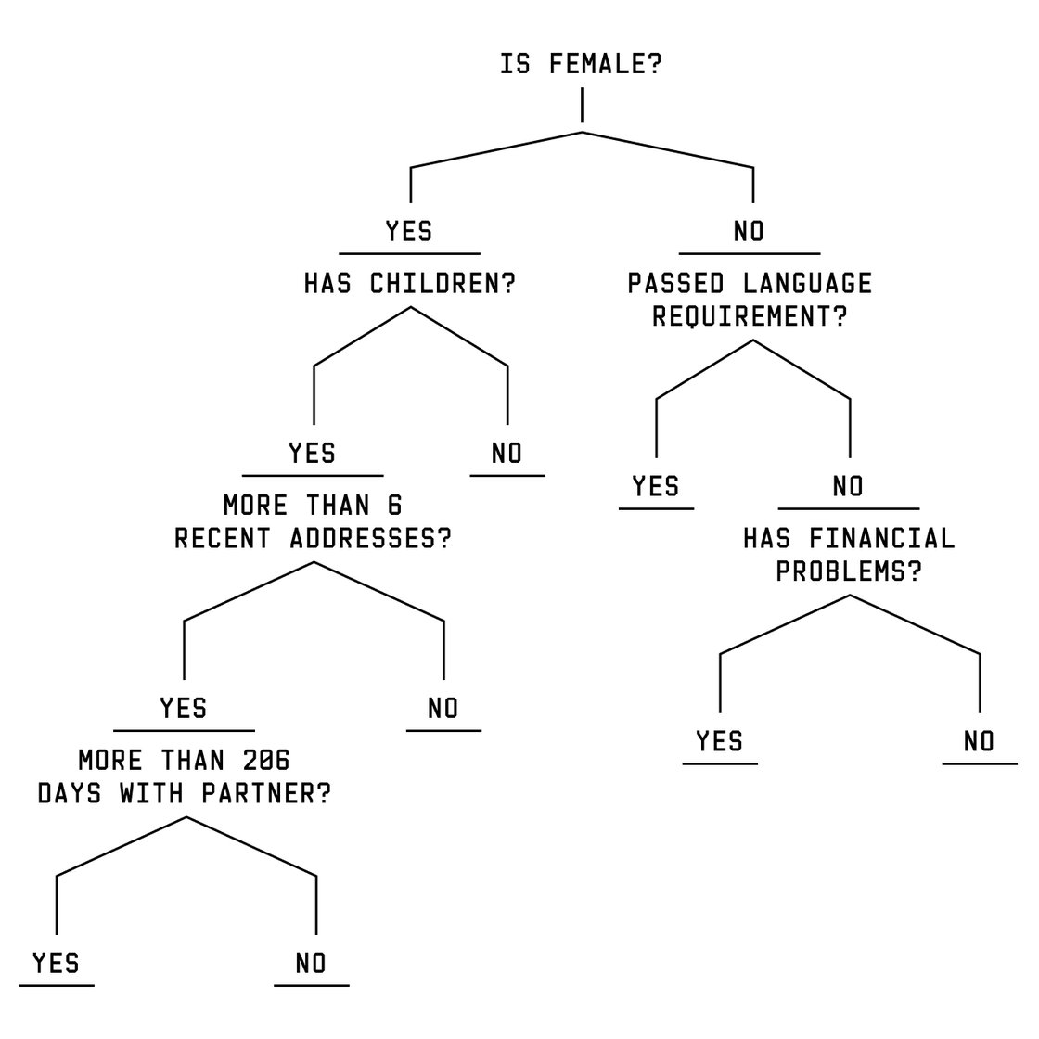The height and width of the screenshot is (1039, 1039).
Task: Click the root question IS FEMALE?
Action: (x=581, y=66)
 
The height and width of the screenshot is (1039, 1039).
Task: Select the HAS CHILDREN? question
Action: (x=409, y=284)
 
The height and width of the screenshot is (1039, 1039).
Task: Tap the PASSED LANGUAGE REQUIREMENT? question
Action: (x=750, y=300)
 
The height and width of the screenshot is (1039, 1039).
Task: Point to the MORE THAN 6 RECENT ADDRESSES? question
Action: (x=313, y=522)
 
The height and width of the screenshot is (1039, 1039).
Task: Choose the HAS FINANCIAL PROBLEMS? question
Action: (x=849, y=555)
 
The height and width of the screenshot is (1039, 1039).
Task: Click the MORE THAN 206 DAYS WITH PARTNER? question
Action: (x=184, y=777)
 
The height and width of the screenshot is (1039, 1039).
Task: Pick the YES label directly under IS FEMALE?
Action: (x=409, y=230)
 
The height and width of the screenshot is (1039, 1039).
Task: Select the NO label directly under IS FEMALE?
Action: (x=749, y=230)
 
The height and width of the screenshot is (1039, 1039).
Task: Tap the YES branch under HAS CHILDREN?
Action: (x=313, y=454)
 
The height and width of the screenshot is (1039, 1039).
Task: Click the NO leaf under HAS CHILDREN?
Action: (x=507, y=454)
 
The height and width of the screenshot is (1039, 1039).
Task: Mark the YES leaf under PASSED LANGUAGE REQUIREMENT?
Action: (x=656, y=486)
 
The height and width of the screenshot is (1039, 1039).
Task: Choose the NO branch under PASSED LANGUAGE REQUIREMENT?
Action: (x=848, y=486)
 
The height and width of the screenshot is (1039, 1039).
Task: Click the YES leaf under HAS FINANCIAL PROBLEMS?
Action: (x=720, y=741)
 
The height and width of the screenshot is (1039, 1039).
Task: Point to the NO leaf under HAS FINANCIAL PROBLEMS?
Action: (x=979, y=741)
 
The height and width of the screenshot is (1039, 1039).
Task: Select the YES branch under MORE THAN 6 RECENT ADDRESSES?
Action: (x=184, y=709)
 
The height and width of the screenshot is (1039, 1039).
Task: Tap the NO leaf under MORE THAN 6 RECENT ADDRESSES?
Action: (x=443, y=709)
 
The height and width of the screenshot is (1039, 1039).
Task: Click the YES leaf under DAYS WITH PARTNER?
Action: (x=57, y=963)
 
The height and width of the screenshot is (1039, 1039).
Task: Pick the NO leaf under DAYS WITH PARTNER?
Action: (x=312, y=963)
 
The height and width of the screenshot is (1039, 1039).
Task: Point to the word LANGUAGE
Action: (x=809, y=283)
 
